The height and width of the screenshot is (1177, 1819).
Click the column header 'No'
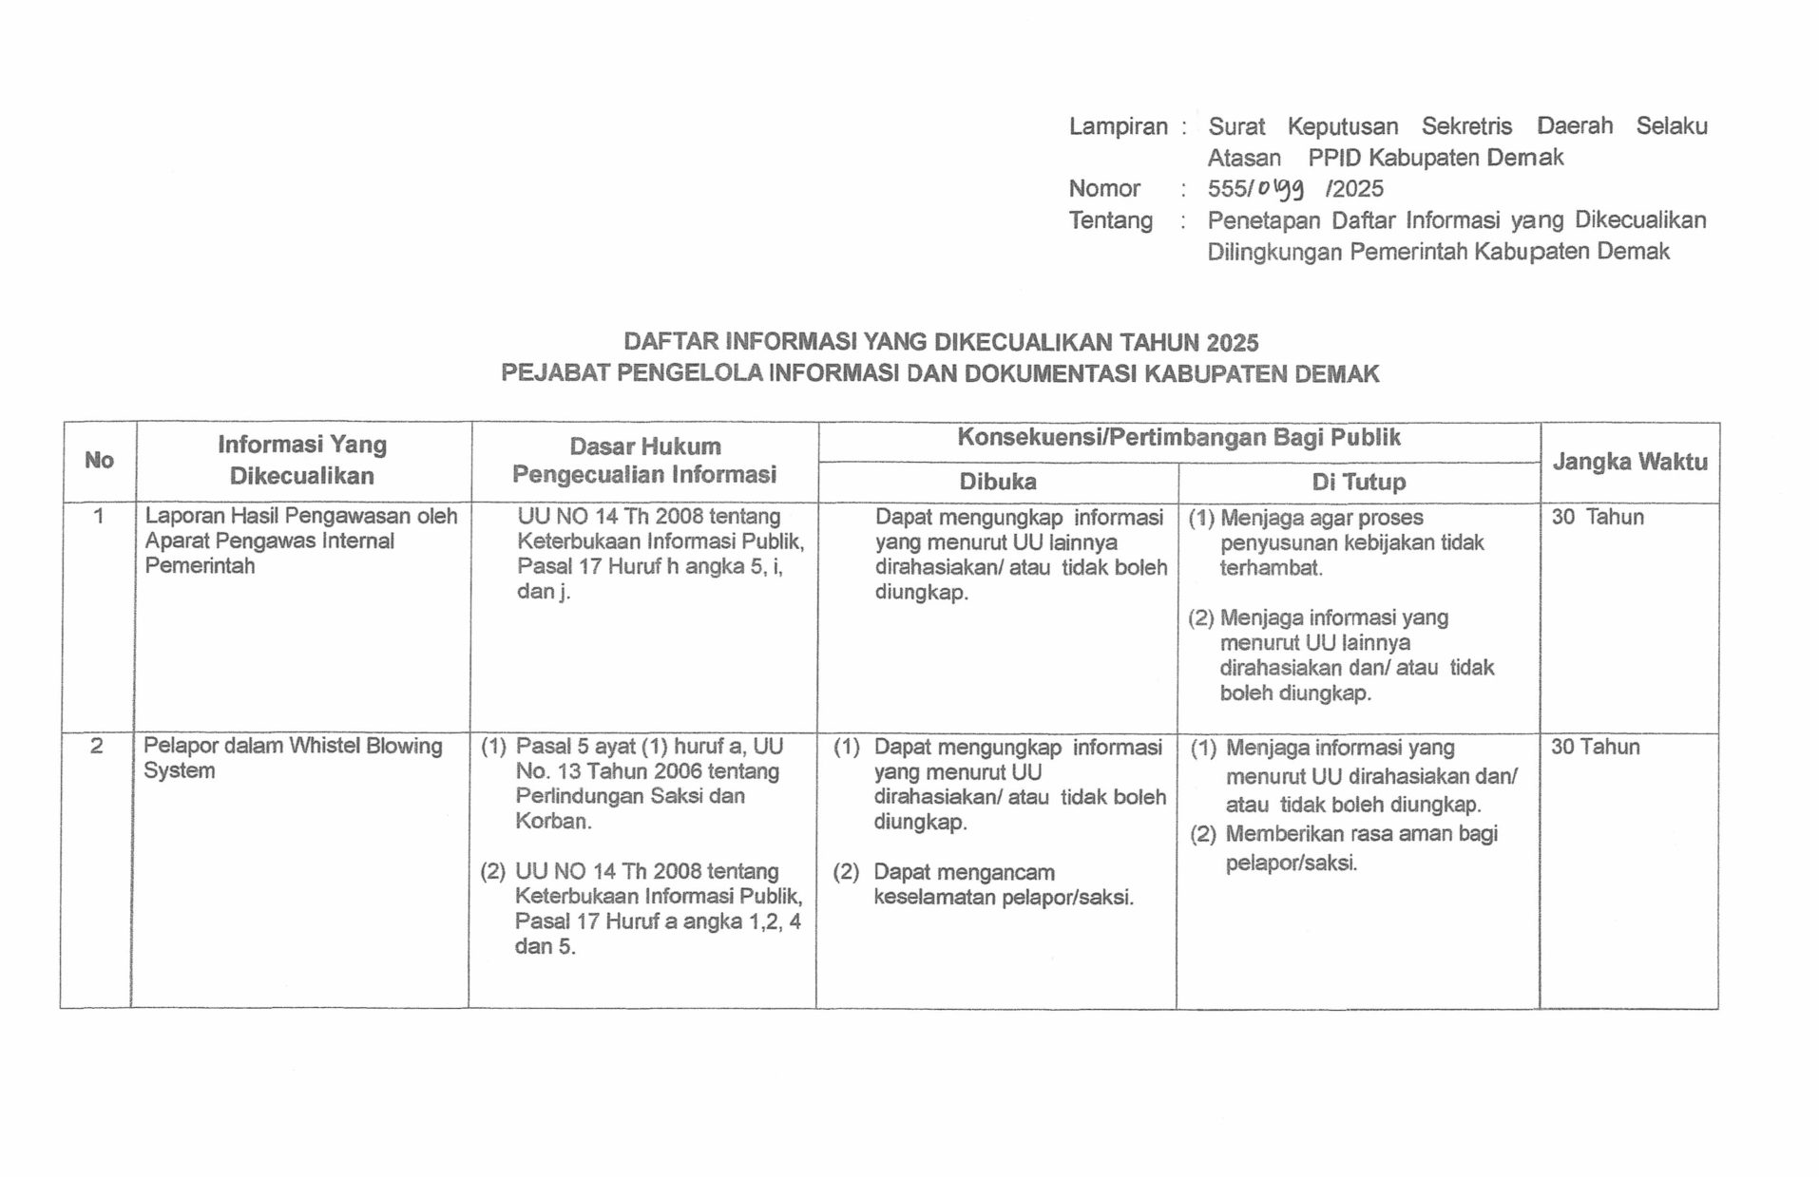pos(99,461)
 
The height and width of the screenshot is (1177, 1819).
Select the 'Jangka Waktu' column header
pos(1629,463)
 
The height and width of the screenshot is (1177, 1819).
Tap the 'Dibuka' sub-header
pos(997,482)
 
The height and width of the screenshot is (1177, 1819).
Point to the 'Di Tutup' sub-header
pos(1358,483)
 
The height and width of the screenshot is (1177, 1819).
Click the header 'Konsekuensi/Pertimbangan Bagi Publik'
pos(1178,438)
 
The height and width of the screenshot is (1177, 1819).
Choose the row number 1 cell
pos(98,517)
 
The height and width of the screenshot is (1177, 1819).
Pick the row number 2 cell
pos(96,747)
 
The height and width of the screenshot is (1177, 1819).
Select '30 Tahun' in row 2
pos(1595,748)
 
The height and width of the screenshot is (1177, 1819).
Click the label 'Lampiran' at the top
pos(1118,126)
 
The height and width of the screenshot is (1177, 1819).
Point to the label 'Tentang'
pos(1110,220)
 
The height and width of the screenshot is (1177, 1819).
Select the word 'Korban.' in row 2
pos(553,822)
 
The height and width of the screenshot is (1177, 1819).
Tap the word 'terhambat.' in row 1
pos(1271,568)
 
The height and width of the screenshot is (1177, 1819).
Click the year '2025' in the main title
pos(1233,343)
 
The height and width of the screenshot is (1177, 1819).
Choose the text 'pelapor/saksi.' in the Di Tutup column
pos(1291,864)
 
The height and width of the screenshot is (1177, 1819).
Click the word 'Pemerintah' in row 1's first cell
pos(200,566)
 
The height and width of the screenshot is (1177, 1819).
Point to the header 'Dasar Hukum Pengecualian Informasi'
pos(644,461)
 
